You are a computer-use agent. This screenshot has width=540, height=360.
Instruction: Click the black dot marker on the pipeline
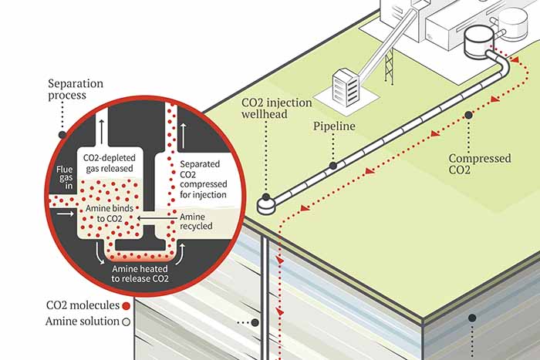click(x=332, y=164)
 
